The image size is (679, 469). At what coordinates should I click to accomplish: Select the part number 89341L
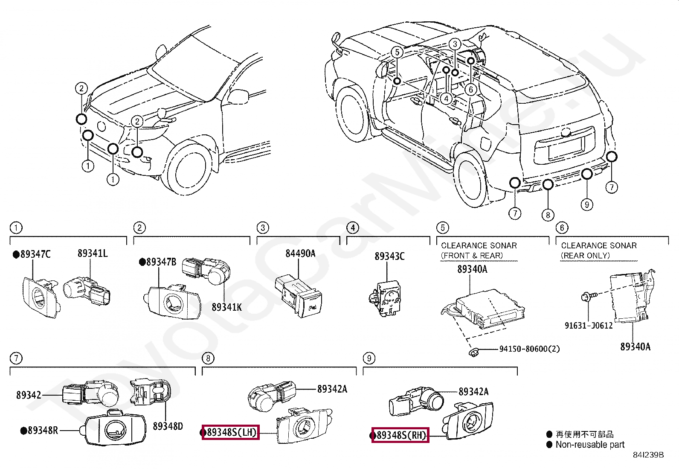coord(92,253)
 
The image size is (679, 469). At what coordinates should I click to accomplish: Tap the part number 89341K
coord(226,307)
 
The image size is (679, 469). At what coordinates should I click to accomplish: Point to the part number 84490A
coord(300,253)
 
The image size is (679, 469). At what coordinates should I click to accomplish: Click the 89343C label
coord(389,256)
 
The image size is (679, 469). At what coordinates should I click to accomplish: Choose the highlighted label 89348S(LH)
coord(231,433)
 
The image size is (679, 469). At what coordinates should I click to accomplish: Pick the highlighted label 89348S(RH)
coord(400,435)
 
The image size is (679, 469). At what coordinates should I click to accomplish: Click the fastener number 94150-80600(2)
coord(529,349)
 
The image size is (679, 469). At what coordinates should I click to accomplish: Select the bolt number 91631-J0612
coord(589,326)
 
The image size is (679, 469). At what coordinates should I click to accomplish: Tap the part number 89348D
coord(168,426)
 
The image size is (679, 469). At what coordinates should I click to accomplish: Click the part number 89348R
coord(42,431)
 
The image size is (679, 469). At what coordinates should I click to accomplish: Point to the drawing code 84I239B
coord(648,455)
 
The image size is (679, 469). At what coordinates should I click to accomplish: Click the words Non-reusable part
coord(590,445)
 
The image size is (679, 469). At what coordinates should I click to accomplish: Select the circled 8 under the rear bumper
coord(548,215)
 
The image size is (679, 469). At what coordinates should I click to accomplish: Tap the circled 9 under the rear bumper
coord(587,204)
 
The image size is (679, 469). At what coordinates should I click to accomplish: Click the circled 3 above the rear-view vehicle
coord(455,44)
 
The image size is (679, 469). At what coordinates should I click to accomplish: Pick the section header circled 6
coord(562,228)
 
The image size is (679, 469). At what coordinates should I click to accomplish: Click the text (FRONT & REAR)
coord(471,256)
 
